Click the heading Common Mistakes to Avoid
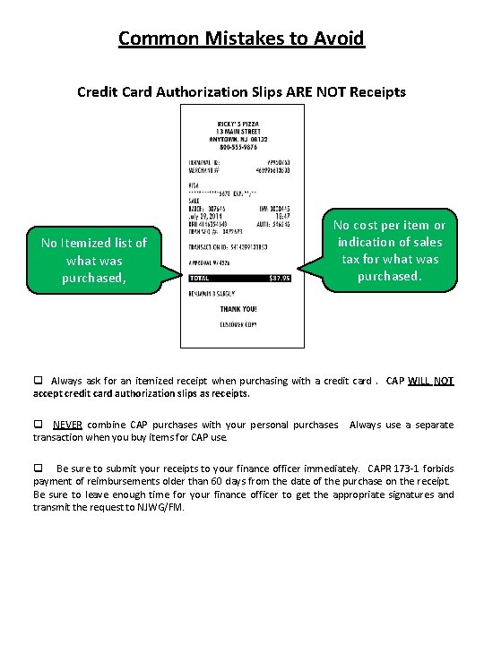[242, 39]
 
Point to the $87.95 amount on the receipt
[281, 279]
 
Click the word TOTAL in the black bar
[201, 279]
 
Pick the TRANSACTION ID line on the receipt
[229, 245]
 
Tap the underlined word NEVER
[67, 425]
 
